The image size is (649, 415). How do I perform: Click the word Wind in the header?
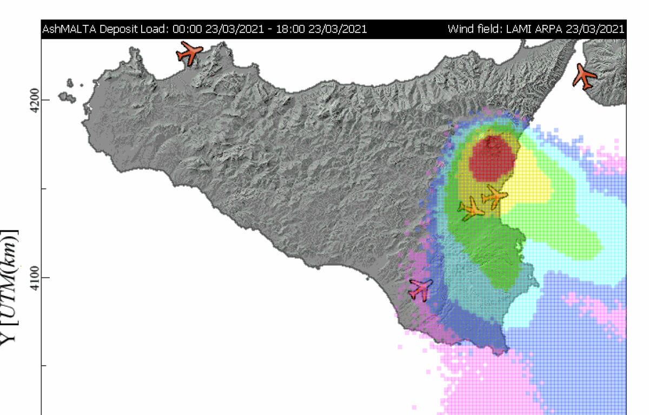[x=459, y=29]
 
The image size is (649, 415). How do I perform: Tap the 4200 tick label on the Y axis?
[x=33, y=100]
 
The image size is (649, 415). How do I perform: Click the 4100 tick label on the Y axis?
[x=33, y=277]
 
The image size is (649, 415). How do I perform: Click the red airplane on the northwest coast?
[x=189, y=52]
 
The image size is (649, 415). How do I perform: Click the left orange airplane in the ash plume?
[x=471, y=209]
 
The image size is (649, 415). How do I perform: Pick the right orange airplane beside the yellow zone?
[x=494, y=195]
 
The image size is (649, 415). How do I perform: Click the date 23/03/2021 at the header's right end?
[x=595, y=29]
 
